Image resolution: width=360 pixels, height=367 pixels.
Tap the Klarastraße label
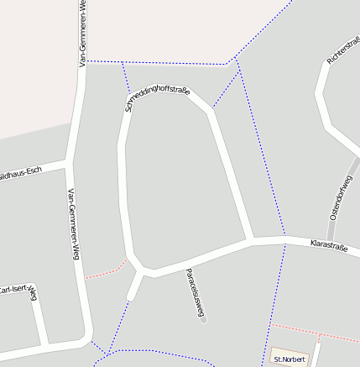point(329,244)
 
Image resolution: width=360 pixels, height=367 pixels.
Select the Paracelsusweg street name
point(195,294)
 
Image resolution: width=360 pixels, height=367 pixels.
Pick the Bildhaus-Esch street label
point(20,172)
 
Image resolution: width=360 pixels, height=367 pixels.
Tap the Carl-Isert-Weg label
point(18,290)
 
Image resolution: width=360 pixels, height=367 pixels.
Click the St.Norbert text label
point(290,359)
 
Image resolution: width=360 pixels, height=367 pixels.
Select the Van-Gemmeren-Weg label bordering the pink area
point(82,34)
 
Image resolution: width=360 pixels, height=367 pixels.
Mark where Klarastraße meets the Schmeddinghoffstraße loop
point(250,242)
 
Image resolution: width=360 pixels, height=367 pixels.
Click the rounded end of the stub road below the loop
point(130,296)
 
